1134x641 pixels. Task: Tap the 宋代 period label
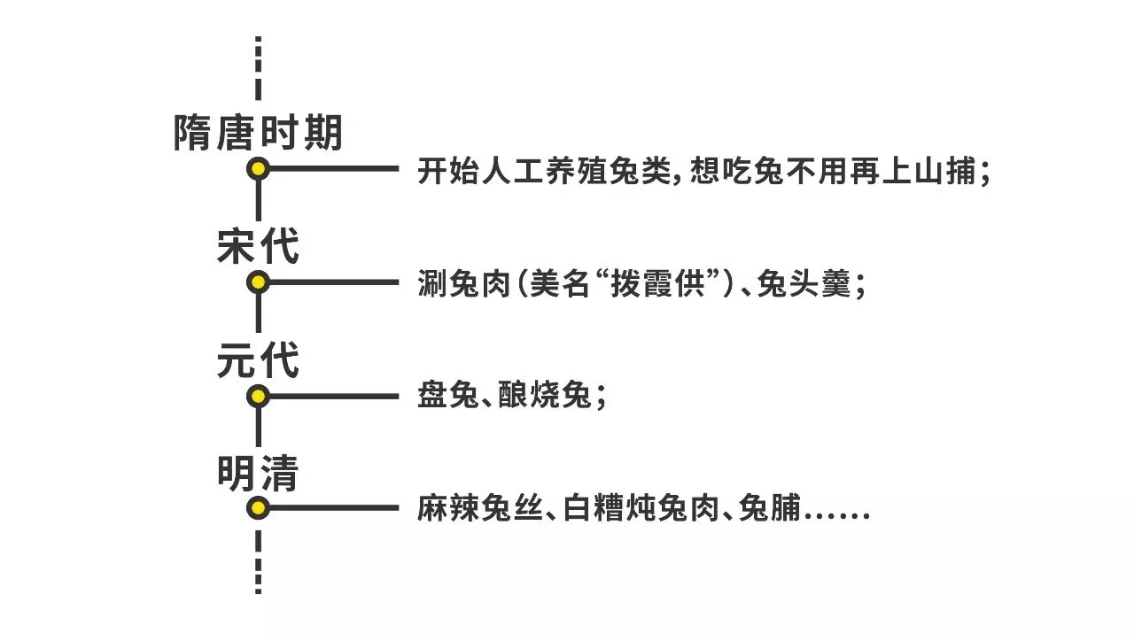pos(258,247)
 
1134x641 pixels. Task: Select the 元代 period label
pos(258,361)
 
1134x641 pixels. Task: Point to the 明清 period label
pos(258,474)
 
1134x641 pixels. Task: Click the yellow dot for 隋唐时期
pos(258,168)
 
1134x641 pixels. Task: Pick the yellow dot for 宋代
pos(258,282)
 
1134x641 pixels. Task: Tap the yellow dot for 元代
pos(258,396)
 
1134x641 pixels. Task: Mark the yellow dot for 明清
pos(258,508)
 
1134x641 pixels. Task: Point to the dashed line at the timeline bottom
pos(258,561)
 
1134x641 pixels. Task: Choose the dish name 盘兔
pos(444,398)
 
